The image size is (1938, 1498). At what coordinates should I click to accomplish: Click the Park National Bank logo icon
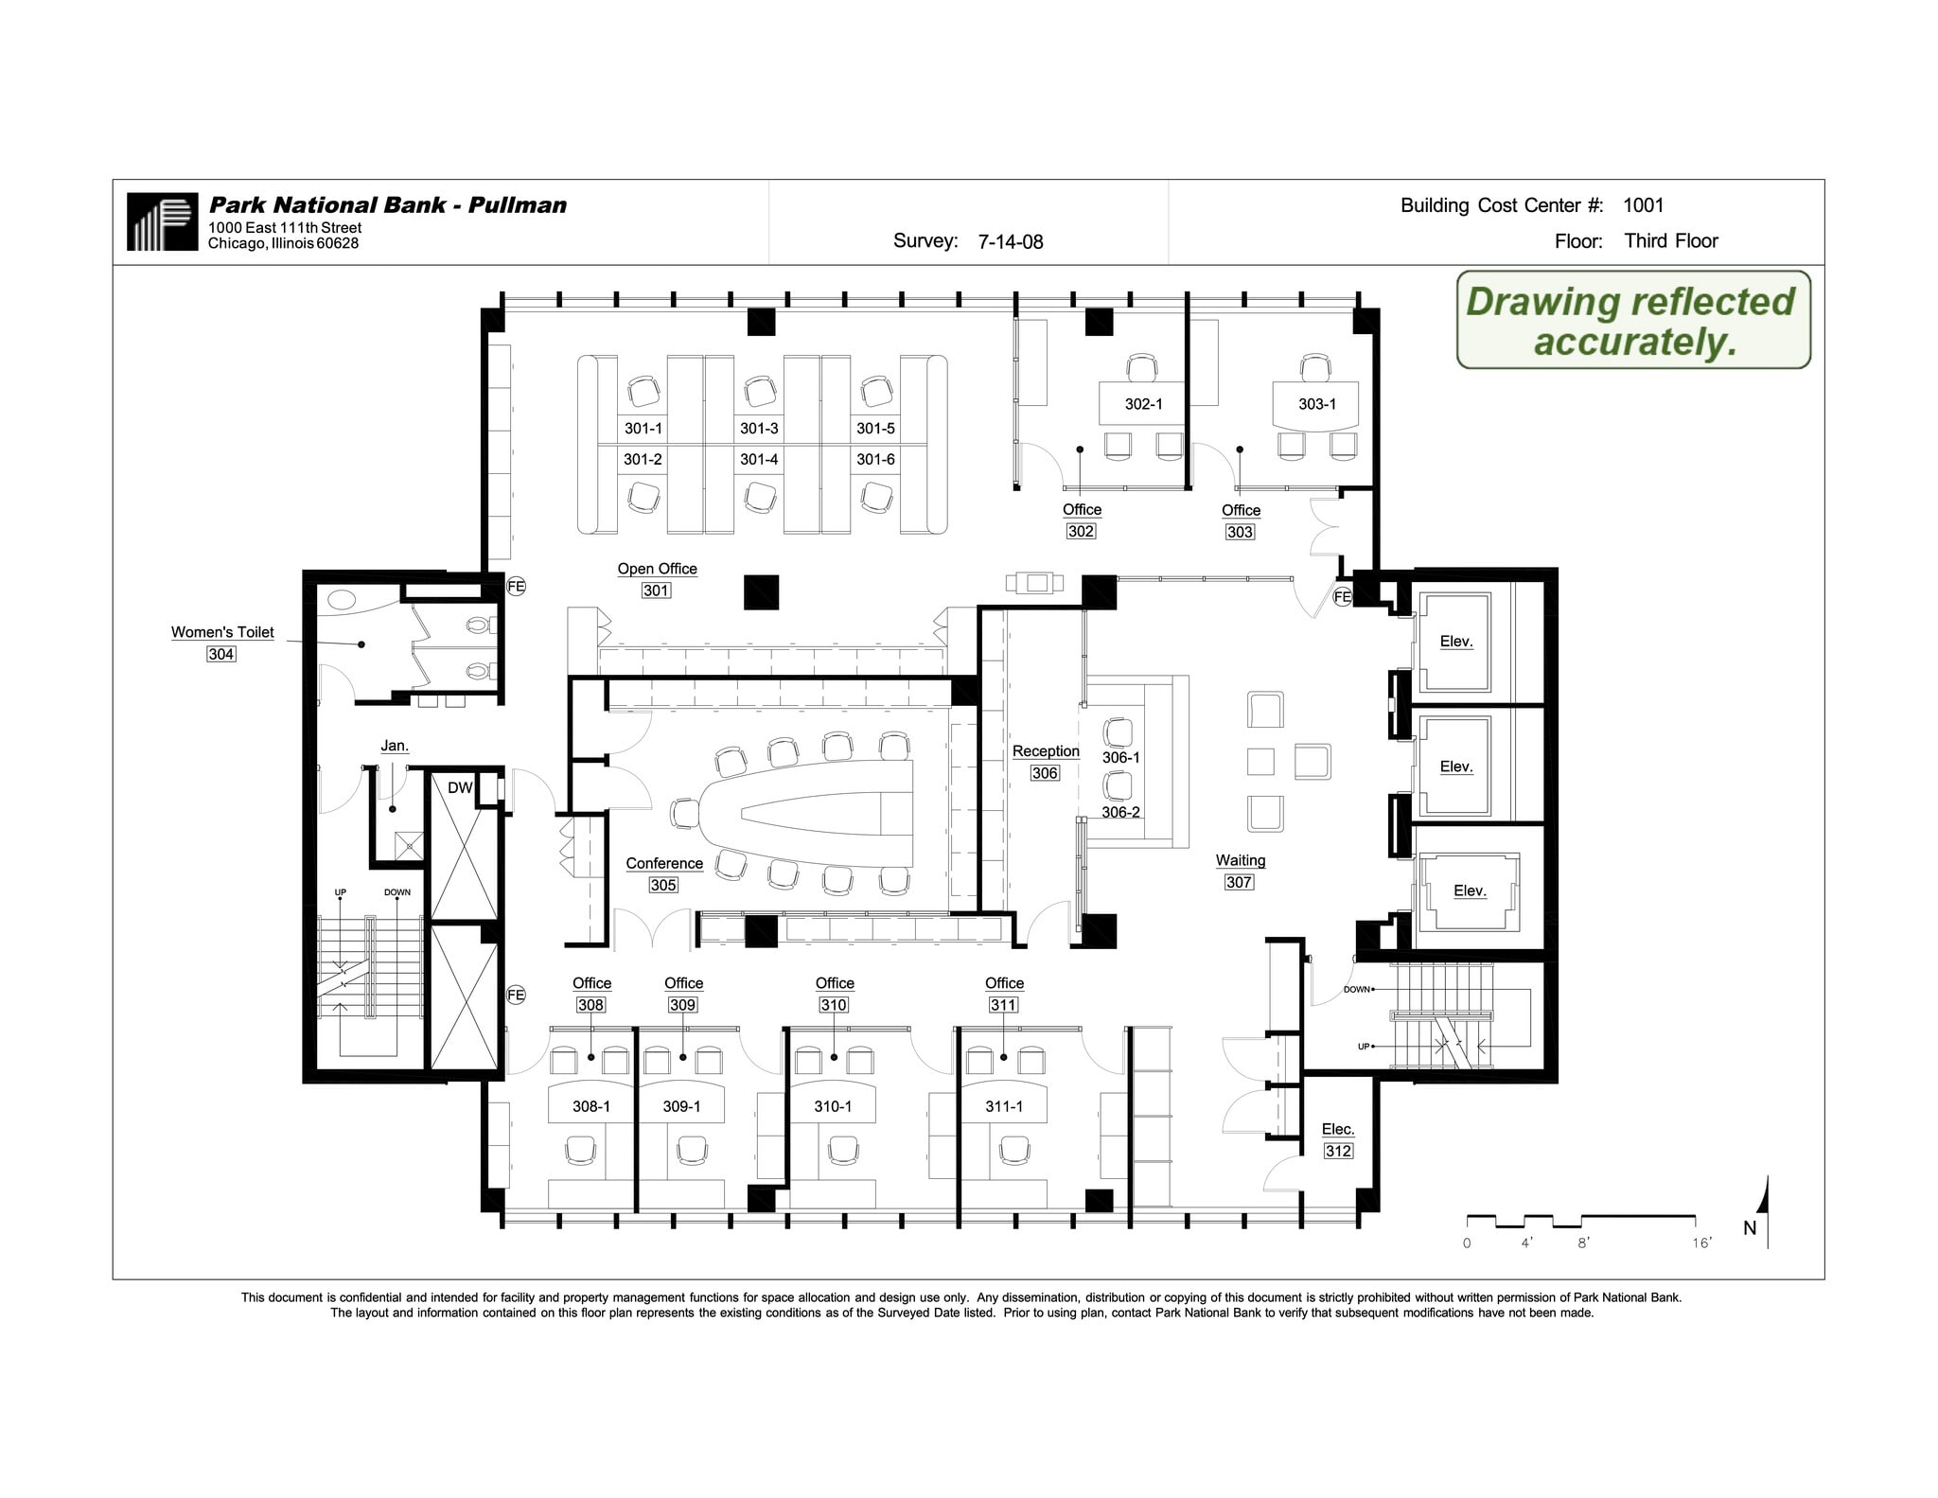click(x=162, y=221)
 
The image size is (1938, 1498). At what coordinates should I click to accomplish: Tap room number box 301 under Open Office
click(x=656, y=590)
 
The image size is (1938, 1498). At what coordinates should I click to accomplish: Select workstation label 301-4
click(x=759, y=459)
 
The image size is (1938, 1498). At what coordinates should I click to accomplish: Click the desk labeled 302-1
click(x=1143, y=404)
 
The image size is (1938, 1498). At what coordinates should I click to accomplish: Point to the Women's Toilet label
click(x=222, y=632)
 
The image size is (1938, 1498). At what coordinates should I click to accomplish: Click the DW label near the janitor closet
click(x=460, y=787)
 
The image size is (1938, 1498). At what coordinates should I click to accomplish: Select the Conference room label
click(x=664, y=863)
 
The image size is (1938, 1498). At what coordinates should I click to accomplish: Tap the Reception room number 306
click(x=1045, y=773)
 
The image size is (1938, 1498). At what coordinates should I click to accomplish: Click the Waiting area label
click(x=1240, y=860)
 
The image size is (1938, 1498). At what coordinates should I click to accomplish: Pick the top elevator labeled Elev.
click(x=1455, y=642)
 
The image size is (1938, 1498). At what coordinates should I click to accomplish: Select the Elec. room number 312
click(x=1337, y=1151)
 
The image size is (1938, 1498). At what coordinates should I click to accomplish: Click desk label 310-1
click(x=833, y=1106)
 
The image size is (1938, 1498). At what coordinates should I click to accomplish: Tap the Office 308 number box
click(x=590, y=1005)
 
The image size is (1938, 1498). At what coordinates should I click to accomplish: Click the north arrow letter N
click(x=1750, y=1227)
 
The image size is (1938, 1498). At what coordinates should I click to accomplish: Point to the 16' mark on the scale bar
click(x=1701, y=1242)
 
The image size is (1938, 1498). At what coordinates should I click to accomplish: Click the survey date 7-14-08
click(x=1010, y=242)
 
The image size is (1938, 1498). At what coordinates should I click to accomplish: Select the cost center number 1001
click(x=1643, y=205)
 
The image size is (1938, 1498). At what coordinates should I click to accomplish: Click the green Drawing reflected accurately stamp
click(x=1632, y=321)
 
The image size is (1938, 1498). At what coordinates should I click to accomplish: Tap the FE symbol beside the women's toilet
click(x=516, y=587)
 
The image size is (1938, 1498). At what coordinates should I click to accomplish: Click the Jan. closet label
click(x=395, y=746)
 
